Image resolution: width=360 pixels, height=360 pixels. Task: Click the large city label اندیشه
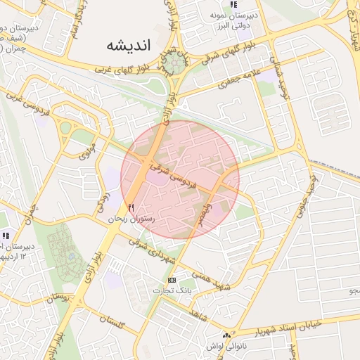point(129,45)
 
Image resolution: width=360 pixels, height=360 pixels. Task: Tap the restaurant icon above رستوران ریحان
point(131,207)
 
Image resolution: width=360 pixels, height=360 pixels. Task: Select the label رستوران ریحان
point(130,219)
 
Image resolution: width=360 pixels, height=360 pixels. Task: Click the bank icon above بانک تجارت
point(172,280)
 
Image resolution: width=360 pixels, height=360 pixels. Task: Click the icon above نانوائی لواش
point(226,335)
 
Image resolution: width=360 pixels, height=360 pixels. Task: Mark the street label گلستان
point(112,323)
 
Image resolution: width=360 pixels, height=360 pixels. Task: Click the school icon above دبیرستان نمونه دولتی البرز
point(233,4)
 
